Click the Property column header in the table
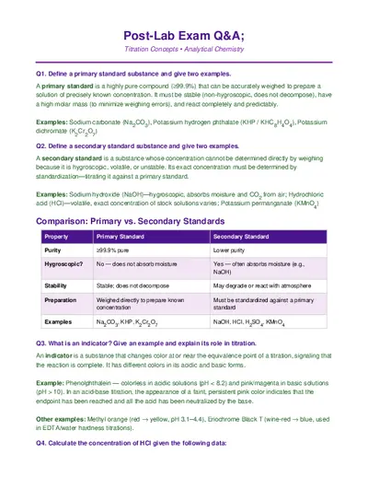coord(56,237)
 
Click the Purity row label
coord(53,250)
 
